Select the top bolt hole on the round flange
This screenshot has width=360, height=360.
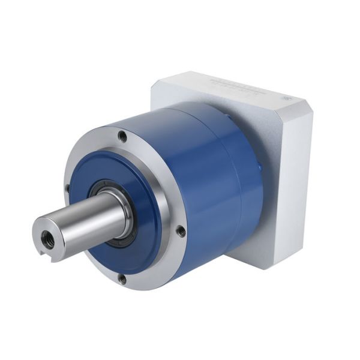(122, 137)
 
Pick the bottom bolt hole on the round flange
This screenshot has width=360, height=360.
(122, 278)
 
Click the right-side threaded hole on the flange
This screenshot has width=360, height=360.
(181, 229)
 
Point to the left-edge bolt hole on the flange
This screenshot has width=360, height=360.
(67, 189)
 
